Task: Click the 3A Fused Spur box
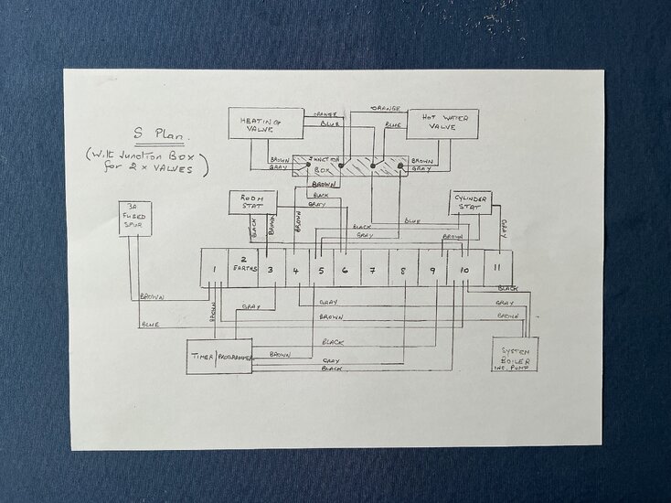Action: click(139, 218)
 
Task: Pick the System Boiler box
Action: click(514, 353)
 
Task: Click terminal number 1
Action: click(213, 269)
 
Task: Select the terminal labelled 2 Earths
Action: click(243, 265)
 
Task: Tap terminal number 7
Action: click(375, 269)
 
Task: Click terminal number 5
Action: click(321, 269)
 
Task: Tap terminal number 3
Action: click(271, 269)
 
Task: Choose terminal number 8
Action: click(403, 269)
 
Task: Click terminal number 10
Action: click(464, 269)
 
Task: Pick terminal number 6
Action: click(346, 269)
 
